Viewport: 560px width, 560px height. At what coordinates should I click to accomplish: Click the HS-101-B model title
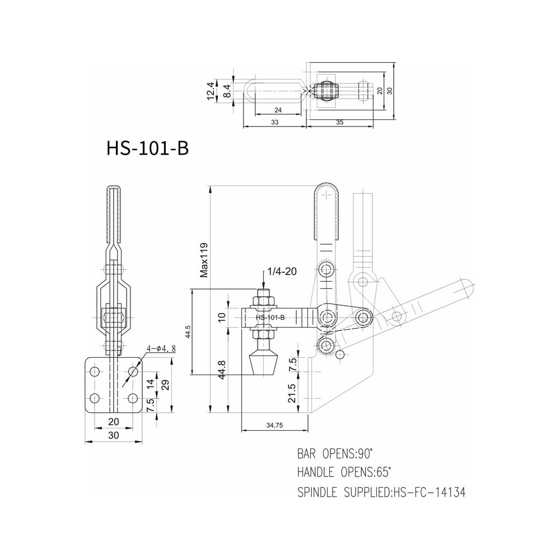(147, 148)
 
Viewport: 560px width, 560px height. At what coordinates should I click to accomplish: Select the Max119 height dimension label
(204, 260)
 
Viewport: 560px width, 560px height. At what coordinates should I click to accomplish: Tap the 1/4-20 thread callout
(282, 272)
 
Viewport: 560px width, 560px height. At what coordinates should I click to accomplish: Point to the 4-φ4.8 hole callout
(161, 349)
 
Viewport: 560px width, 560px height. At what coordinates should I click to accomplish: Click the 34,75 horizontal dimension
(274, 426)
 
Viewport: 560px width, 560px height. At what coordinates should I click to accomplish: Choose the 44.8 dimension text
(221, 370)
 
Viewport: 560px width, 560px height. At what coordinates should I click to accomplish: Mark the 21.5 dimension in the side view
(292, 393)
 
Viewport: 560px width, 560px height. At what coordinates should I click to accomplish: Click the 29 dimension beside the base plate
(165, 385)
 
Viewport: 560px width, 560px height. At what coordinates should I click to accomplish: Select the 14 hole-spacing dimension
(151, 384)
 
